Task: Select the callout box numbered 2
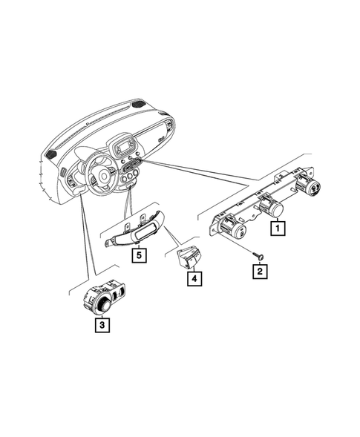pos(259,272)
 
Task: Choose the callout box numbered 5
pos(137,255)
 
